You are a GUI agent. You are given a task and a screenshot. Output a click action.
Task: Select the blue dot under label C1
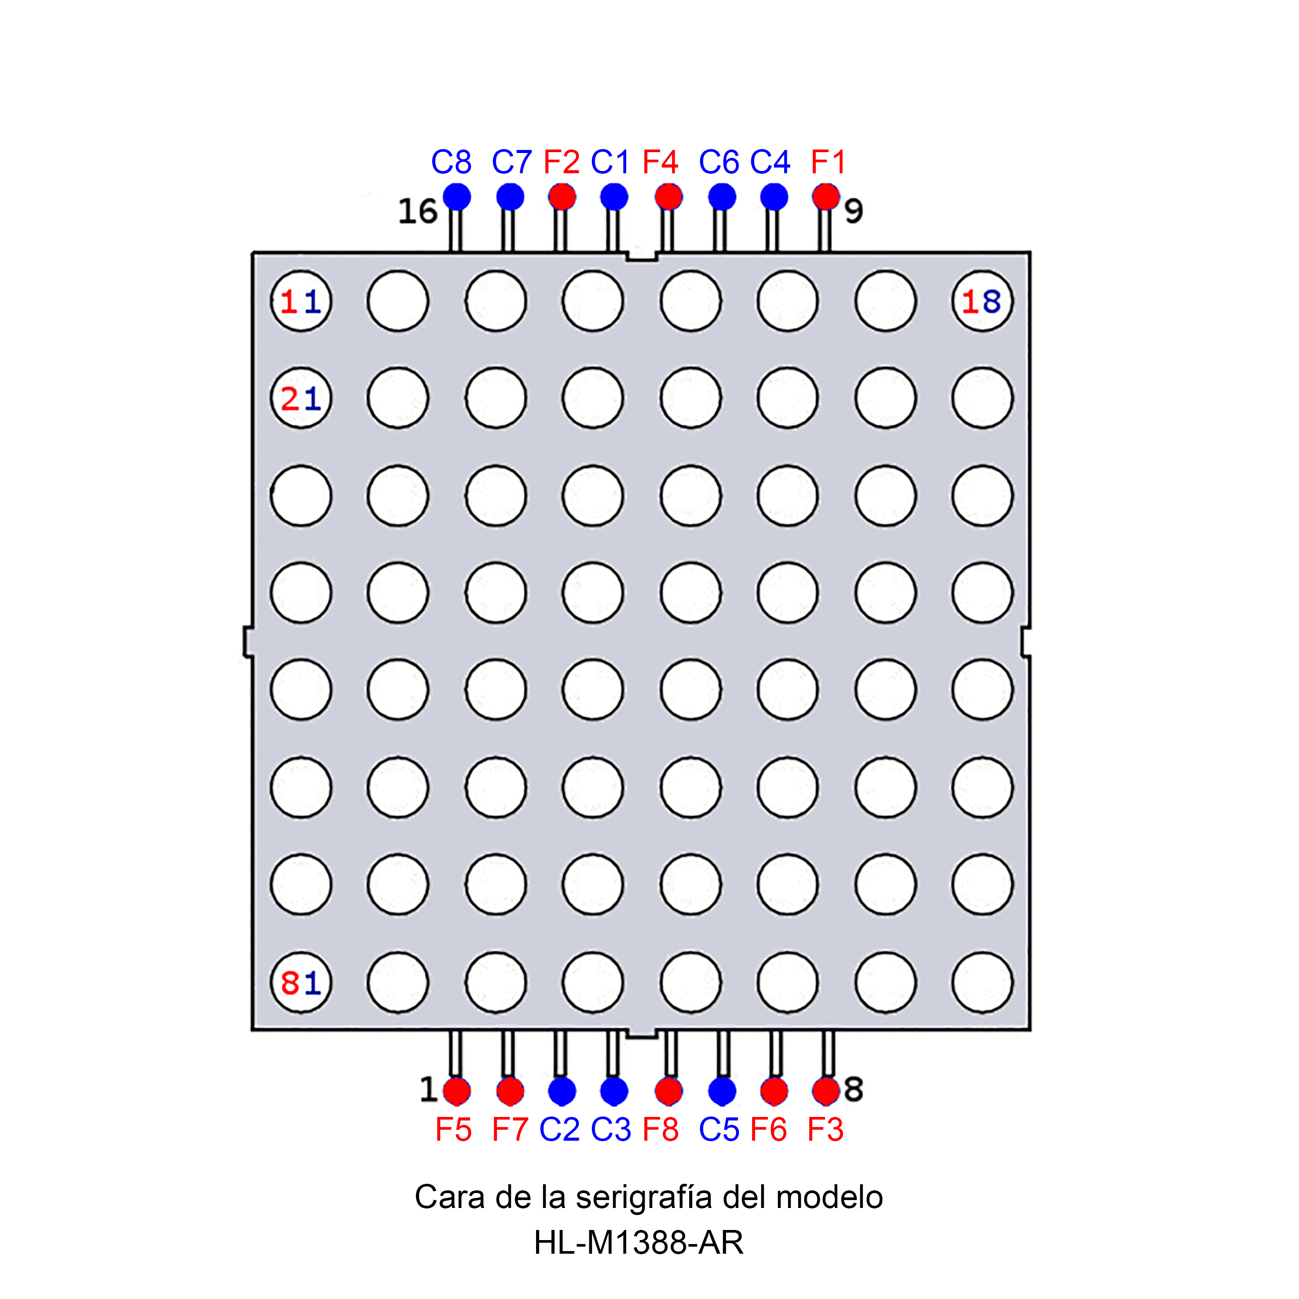tap(614, 197)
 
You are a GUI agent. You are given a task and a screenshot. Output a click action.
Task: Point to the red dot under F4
tap(668, 197)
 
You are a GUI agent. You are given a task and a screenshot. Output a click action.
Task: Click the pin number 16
tap(418, 212)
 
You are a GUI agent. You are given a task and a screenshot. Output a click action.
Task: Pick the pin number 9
tap(853, 212)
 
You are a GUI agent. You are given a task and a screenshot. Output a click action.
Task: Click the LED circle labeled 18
tap(982, 301)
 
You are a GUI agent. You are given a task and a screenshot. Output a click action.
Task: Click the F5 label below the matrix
tap(453, 1130)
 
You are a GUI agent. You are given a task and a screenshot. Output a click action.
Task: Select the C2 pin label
tap(559, 1130)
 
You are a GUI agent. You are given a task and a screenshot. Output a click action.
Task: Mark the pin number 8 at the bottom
tap(853, 1090)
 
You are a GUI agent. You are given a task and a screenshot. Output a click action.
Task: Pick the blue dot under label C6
tap(722, 197)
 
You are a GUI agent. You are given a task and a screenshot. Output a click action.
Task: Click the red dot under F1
tap(826, 197)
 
